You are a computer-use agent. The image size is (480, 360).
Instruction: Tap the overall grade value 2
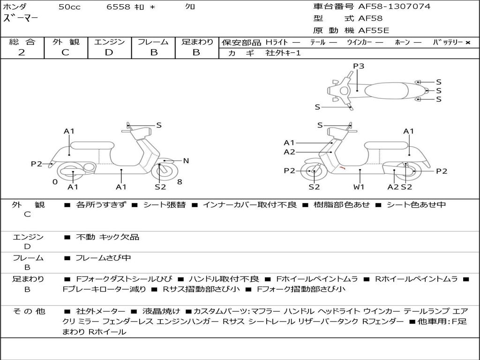click(22, 52)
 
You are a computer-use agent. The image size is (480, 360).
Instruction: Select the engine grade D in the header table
click(109, 52)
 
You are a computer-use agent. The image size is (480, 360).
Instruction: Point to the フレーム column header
click(153, 42)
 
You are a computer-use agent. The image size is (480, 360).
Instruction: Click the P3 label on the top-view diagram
click(359, 66)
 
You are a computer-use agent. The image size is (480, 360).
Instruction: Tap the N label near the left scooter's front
click(186, 161)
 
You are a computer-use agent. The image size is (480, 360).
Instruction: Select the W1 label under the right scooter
click(359, 187)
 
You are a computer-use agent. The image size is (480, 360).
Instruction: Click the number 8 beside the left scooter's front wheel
click(180, 182)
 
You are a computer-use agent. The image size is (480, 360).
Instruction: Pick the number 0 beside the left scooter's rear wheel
click(55, 182)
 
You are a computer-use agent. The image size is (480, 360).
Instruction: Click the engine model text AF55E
click(374, 30)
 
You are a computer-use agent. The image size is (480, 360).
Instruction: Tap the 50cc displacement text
click(69, 7)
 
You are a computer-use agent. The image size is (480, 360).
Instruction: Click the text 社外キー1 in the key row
click(283, 53)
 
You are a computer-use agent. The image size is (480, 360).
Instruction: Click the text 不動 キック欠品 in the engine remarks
click(107, 237)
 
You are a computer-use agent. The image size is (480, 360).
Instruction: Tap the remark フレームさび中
click(103, 258)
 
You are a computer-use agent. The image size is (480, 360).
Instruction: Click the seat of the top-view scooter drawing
click(389, 90)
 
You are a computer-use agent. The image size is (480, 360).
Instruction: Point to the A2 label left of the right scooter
click(289, 152)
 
